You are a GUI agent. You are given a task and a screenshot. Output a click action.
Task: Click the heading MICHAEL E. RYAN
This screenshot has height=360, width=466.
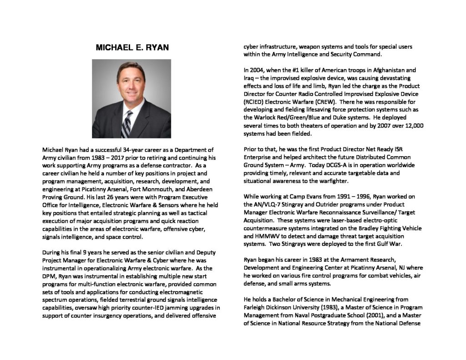click(132, 47)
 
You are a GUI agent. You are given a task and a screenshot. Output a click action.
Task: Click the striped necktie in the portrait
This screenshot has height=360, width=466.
click(127, 123)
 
